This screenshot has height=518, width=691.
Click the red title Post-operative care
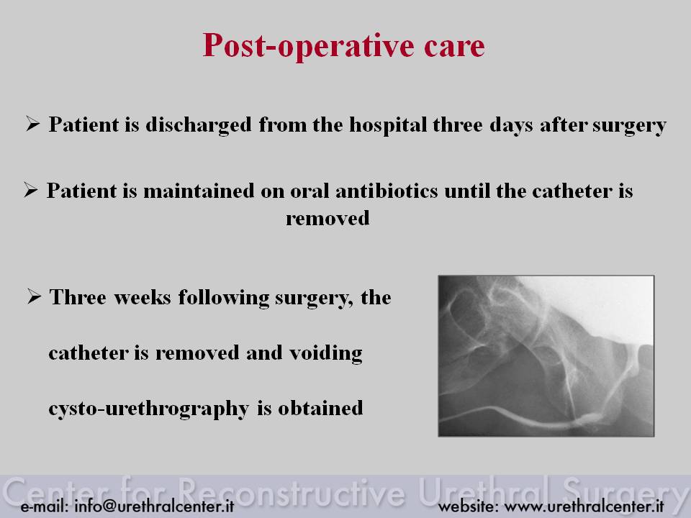tap(344, 46)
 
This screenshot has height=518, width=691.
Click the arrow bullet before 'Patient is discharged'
tap(32, 124)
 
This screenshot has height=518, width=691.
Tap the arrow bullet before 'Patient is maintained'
tap(31, 190)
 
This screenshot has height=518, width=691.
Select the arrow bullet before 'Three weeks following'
tap(34, 296)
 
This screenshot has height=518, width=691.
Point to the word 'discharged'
tap(199, 125)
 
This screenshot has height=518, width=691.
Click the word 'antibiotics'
tap(387, 191)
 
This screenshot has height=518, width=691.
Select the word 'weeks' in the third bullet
tap(143, 297)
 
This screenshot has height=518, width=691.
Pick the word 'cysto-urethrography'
tap(149, 409)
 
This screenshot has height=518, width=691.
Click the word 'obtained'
tap(320, 409)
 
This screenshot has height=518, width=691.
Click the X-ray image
tap(546, 356)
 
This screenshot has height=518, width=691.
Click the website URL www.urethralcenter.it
tap(584, 506)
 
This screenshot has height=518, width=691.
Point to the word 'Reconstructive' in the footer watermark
tap(292, 492)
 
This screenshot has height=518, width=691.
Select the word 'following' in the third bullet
tap(224, 298)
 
